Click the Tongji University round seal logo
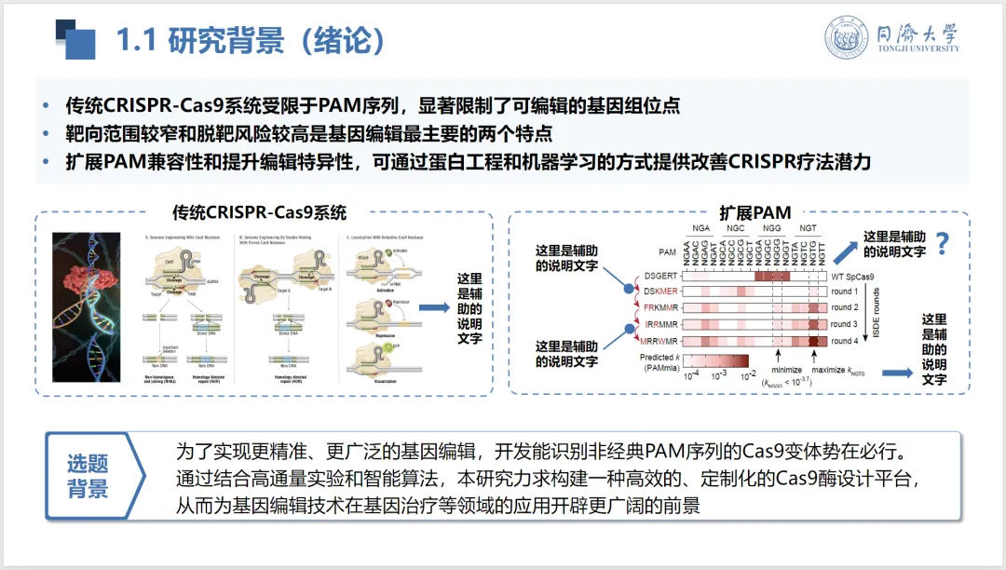click(846, 39)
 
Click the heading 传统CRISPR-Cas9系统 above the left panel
click(259, 212)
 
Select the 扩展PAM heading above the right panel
click(755, 212)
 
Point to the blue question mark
click(943, 244)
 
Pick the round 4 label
click(844, 341)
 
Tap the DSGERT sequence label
click(662, 277)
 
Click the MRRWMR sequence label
click(661, 341)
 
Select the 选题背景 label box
click(88, 476)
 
